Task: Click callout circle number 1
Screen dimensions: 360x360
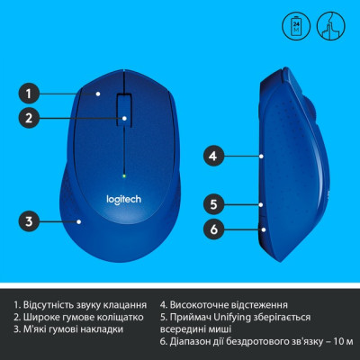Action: (30, 92)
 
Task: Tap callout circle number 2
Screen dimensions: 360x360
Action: (30, 117)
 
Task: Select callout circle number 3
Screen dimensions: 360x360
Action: (30, 220)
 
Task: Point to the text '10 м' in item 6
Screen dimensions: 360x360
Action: (343, 343)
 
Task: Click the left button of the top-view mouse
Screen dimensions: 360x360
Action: (99, 103)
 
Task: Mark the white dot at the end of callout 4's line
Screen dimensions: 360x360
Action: (261, 156)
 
